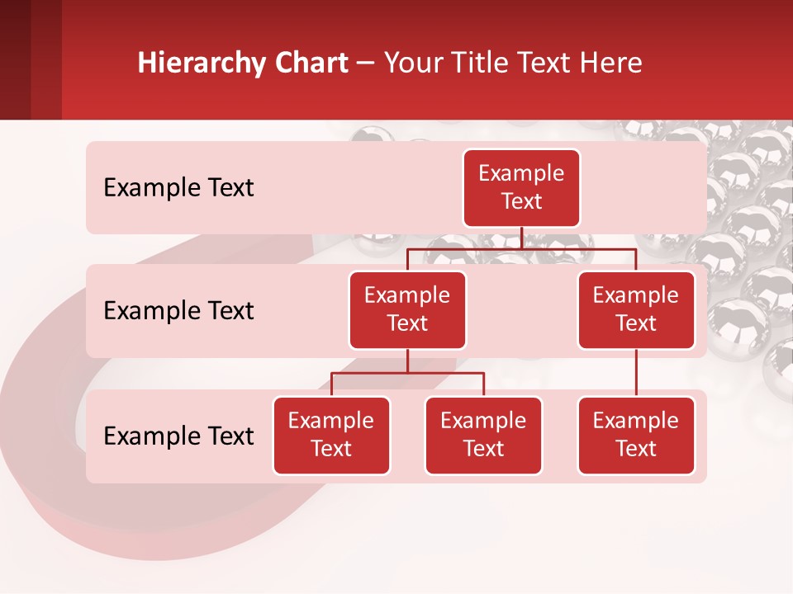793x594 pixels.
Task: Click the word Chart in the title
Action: [x=312, y=64]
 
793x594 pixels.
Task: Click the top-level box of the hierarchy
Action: [x=521, y=188]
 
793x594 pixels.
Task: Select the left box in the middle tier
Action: [x=407, y=310]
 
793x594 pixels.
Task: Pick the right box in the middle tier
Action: [x=636, y=310]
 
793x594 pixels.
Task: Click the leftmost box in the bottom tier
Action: [x=331, y=436]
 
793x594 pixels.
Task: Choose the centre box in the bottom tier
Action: [x=483, y=436]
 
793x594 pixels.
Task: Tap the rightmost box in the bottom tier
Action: [x=636, y=436]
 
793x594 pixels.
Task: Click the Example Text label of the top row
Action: [x=178, y=188]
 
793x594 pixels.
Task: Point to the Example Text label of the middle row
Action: [x=178, y=311]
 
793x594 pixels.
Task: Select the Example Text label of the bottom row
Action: [x=178, y=436]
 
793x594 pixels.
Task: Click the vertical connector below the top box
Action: [x=521, y=238]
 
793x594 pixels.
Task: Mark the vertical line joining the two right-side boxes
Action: [x=636, y=373]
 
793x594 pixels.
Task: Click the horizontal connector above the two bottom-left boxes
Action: [x=446, y=374]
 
